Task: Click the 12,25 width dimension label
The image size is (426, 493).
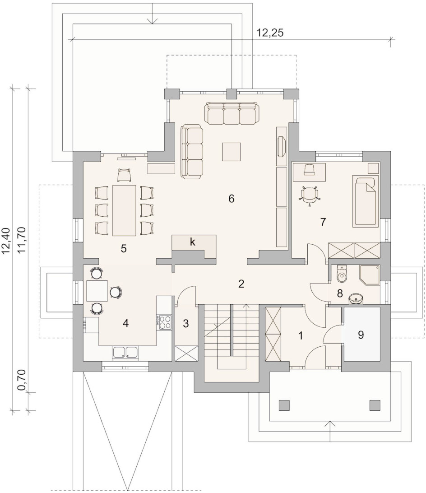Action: [x=270, y=33]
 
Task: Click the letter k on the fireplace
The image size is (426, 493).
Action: [x=192, y=242]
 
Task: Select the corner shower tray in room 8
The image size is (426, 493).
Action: [x=370, y=274]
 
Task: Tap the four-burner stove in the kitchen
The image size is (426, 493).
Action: [x=164, y=322]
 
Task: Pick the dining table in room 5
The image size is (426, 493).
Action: [x=124, y=210]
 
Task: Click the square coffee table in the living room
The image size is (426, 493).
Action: [x=232, y=152]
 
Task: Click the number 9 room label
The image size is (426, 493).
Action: [x=361, y=335]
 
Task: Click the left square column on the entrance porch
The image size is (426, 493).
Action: [x=284, y=405]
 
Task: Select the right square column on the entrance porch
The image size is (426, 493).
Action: [x=375, y=405]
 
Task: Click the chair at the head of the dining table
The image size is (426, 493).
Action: [x=124, y=175]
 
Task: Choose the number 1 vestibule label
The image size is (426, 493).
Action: [x=300, y=335]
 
